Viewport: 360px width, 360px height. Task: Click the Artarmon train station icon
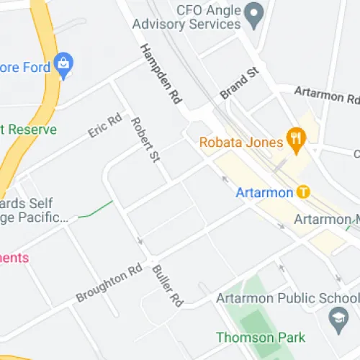tap(303, 192)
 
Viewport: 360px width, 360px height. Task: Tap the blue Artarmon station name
tap(264, 193)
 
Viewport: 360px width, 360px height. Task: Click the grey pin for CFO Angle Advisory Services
tap(253, 12)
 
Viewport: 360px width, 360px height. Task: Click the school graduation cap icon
tap(337, 316)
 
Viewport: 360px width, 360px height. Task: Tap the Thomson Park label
tap(261, 337)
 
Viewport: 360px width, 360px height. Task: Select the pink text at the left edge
tap(14, 257)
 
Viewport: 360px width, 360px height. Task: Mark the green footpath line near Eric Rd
tap(96, 210)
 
